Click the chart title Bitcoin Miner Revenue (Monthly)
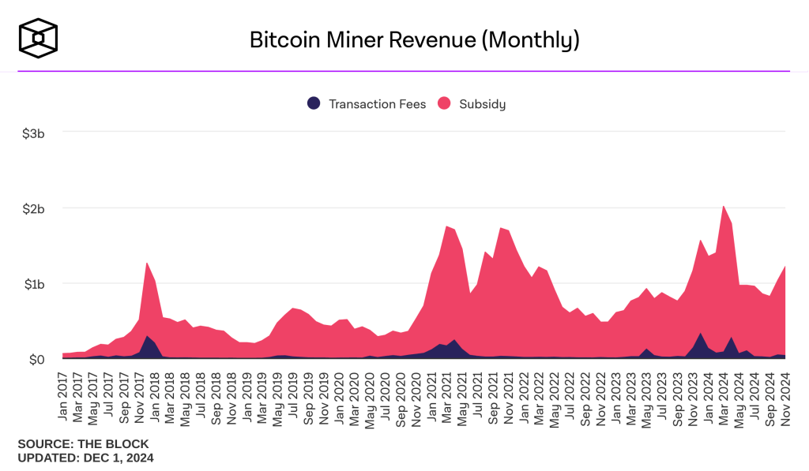coord(415,39)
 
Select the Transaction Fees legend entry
coord(367,104)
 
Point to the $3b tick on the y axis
coord(32,133)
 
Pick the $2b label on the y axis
coord(32,208)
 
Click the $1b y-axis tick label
coord(32,284)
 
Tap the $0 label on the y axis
coord(36,359)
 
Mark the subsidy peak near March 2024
coord(724,206)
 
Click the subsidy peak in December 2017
coord(147,263)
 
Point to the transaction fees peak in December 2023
coord(701,333)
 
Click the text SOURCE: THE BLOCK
coord(83,444)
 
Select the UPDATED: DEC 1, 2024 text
coord(85,458)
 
